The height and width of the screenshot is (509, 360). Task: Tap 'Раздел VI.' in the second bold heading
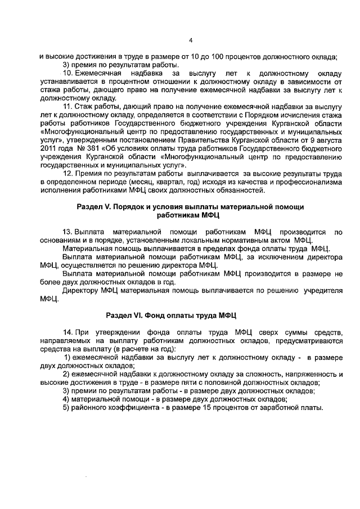(x=124, y=316)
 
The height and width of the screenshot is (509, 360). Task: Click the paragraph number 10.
(x=67, y=74)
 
